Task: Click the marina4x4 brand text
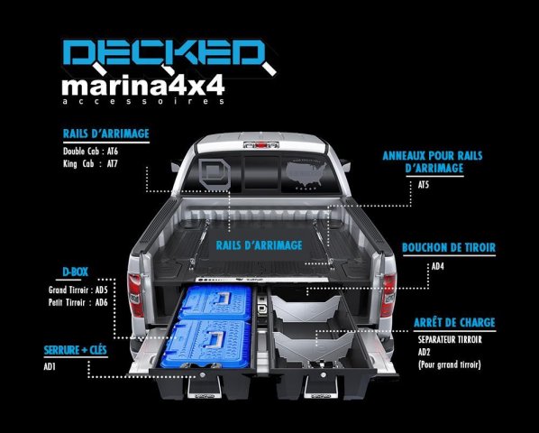[x=143, y=86]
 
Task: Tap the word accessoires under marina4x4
[x=143, y=101]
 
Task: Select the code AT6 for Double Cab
[x=112, y=151]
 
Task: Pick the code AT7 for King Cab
[x=112, y=163]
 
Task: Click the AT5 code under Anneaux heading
[x=424, y=185]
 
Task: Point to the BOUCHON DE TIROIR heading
[x=449, y=248]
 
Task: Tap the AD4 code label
[x=437, y=266]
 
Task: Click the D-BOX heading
[x=76, y=272]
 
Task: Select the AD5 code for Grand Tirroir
[x=102, y=290]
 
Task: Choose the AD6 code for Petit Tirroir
[x=102, y=302]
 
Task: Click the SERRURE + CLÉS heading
[x=76, y=350]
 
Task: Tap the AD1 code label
[x=50, y=366]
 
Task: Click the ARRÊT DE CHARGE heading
[x=454, y=323]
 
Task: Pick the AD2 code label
[x=425, y=352]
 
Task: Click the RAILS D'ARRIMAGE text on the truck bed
[x=260, y=245]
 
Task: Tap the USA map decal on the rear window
[x=306, y=174]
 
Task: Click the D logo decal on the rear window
[x=214, y=174]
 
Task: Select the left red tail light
[x=135, y=295]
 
